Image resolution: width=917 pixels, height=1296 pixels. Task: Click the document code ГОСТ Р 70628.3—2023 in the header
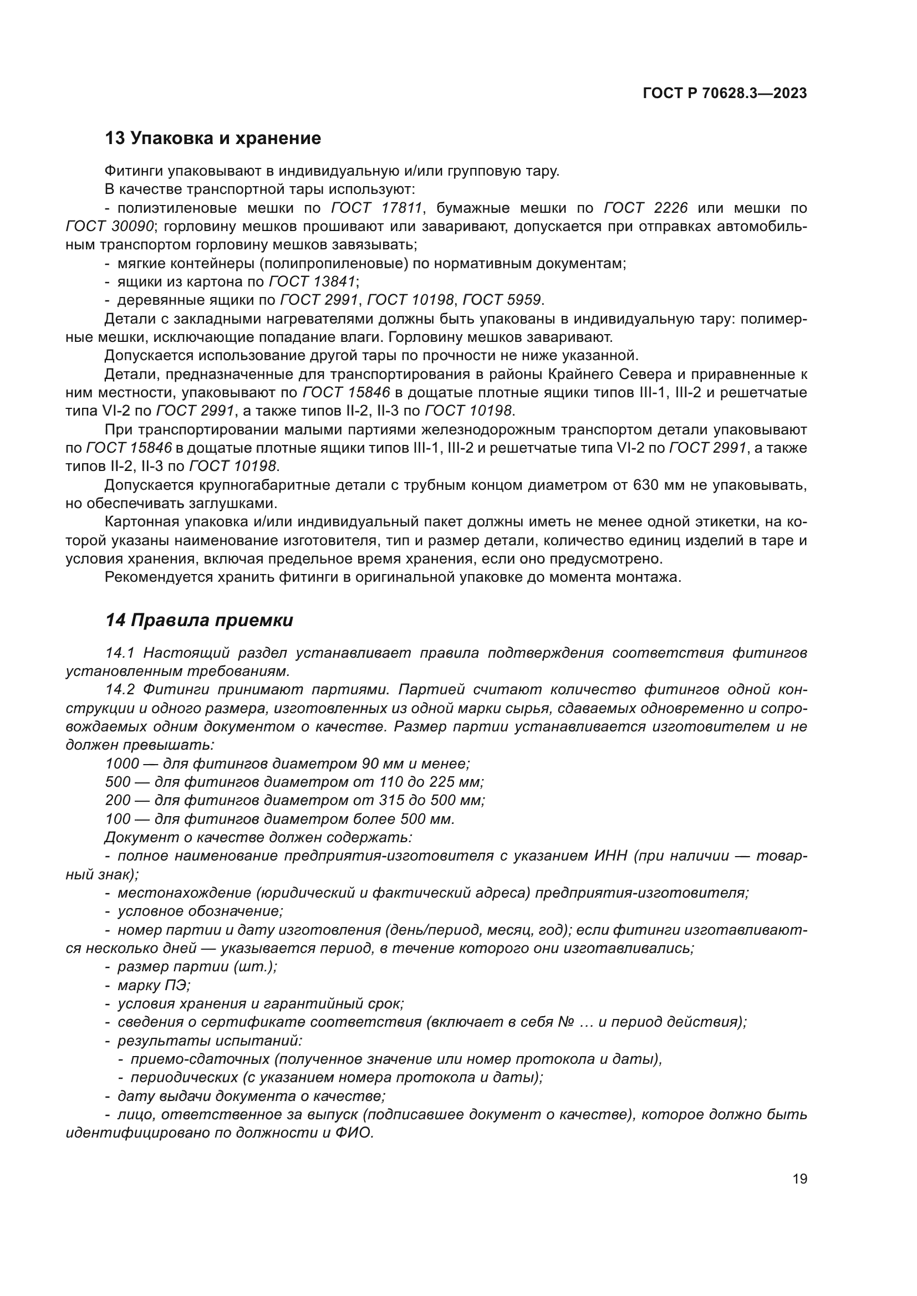tap(725, 94)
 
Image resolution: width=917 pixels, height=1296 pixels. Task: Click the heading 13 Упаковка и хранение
tap(213, 139)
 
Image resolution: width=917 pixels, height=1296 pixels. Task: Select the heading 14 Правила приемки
tap(199, 621)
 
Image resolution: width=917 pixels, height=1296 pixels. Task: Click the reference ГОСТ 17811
tap(376, 208)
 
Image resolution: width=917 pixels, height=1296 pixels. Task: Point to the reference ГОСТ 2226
tap(646, 208)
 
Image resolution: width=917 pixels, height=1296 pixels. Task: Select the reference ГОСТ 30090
tap(110, 227)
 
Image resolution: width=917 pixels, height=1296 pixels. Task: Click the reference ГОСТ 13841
tap(312, 281)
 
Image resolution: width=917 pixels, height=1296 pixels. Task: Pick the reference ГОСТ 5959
tap(501, 300)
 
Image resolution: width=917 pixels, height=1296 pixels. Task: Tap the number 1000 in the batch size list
tap(122, 764)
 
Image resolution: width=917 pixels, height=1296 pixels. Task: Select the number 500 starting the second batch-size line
tap(118, 782)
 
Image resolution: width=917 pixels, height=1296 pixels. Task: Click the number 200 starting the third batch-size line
tap(118, 801)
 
